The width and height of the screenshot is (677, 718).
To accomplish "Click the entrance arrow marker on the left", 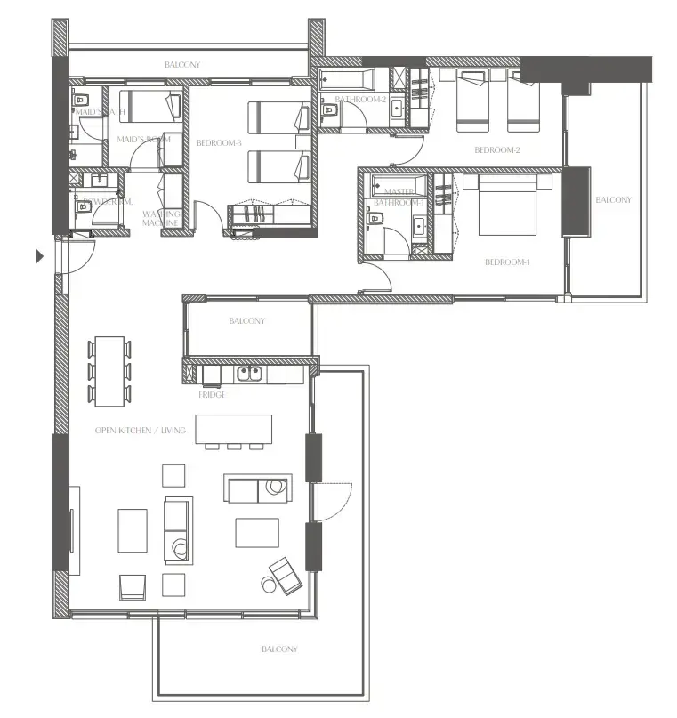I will pyautogui.click(x=39, y=257).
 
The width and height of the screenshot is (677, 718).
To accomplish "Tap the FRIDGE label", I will pyautogui.click(x=212, y=394).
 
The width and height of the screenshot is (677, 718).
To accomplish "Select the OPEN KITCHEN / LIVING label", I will pyautogui.click(x=141, y=431).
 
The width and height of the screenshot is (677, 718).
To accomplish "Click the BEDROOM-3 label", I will pyautogui.click(x=219, y=142).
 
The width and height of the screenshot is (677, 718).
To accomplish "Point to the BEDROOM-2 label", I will pyautogui.click(x=496, y=149).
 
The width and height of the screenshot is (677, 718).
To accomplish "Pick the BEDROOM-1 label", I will pyautogui.click(x=507, y=262).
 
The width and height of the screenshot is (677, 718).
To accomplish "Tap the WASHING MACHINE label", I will pyautogui.click(x=162, y=218).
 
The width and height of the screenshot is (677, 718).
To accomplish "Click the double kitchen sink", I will pyautogui.click(x=254, y=375).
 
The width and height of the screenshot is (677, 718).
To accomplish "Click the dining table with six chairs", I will pyautogui.click(x=110, y=369).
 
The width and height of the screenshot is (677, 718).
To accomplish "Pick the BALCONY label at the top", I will pyautogui.click(x=182, y=65).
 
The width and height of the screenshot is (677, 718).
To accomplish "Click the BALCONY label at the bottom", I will pyautogui.click(x=279, y=649).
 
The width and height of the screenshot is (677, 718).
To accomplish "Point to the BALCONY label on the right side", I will pyautogui.click(x=613, y=200).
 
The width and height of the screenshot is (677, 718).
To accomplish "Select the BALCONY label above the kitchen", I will pyautogui.click(x=246, y=321).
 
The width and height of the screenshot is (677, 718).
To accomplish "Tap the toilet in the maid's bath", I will pyautogui.click(x=79, y=99).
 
